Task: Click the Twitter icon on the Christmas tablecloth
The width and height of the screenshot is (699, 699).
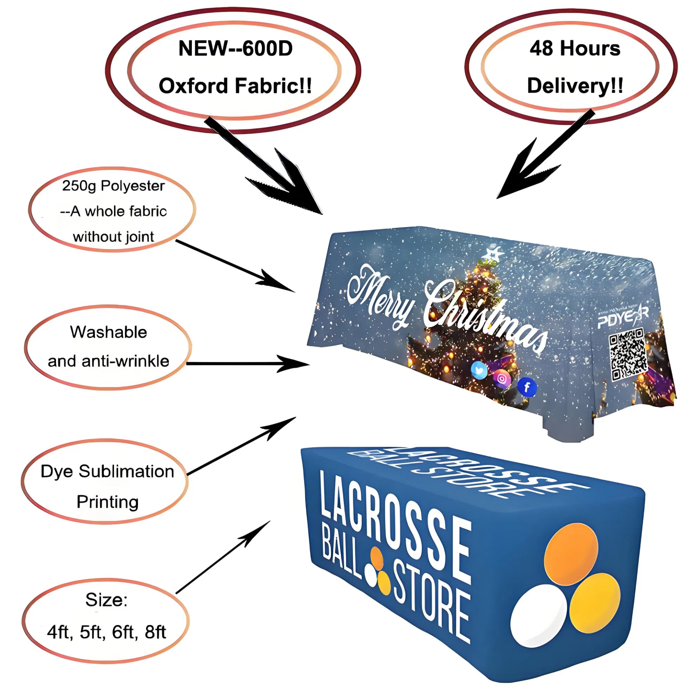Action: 479,370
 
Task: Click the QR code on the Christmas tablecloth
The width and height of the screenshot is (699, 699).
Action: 628,354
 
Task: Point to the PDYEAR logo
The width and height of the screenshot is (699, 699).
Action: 623,318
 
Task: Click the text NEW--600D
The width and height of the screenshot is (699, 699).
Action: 235,49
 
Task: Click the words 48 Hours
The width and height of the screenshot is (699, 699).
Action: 574,49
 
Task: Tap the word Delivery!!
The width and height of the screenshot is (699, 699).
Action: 575,86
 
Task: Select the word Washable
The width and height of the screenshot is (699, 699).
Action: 108,332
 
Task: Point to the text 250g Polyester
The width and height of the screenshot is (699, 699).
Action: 113,186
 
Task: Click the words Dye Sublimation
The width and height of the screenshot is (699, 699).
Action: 107,471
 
